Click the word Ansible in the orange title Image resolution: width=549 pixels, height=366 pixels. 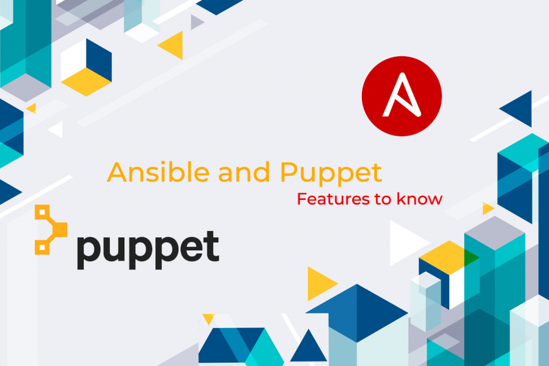click(x=158, y=172)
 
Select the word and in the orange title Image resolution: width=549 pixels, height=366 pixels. click(x=244, y=172)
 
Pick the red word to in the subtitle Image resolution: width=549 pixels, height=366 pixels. click(x=383, y=199)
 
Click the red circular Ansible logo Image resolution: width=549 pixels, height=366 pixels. click(x=402, y=96)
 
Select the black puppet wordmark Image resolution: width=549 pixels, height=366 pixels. click(x=148, y=250)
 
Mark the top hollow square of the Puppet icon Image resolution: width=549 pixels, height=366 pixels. click(x=42, y=212)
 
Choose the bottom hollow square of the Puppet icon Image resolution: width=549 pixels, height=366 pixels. click(x=42, y=248)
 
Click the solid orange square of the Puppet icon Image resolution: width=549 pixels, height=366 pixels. click(x=60, y=229)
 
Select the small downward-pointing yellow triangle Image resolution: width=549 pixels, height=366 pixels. click(x=209, y=318)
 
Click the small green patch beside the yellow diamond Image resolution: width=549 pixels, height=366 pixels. click(x=471, y=258)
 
